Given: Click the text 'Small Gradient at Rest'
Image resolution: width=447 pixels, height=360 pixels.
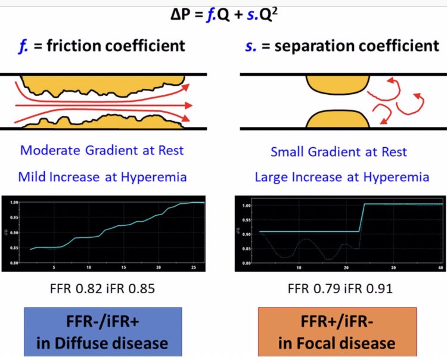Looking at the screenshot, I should click(339, 151).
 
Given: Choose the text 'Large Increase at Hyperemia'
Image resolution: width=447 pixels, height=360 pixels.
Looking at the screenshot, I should click(342, 177).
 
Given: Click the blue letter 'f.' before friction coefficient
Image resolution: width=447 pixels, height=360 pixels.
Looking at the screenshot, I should click(24, 45).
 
